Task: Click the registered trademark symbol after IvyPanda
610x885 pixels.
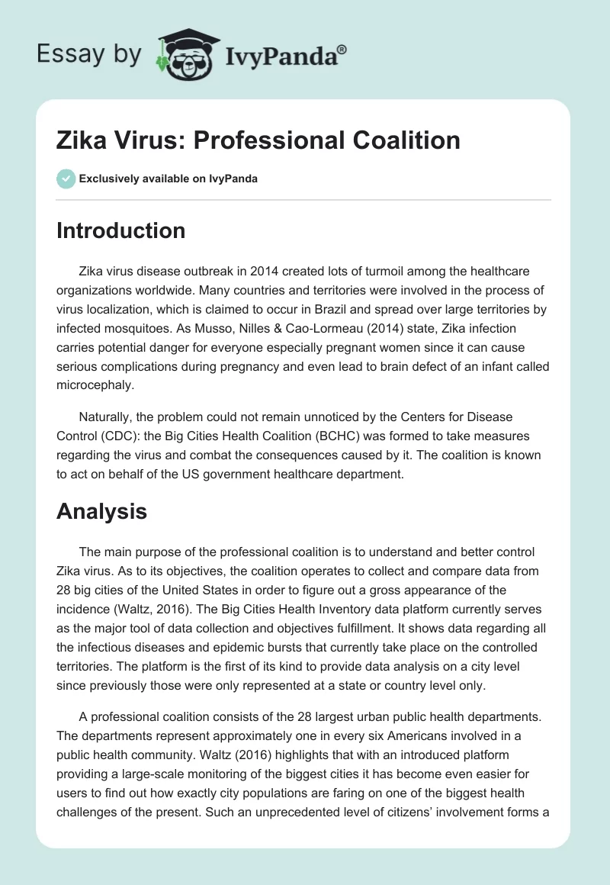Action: [342, 50]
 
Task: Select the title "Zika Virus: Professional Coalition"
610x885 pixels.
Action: [258, 140]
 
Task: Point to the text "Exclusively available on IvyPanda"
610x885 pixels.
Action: [169, 179]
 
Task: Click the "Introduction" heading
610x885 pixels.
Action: [120, 231]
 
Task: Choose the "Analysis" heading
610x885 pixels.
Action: [101, 512]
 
